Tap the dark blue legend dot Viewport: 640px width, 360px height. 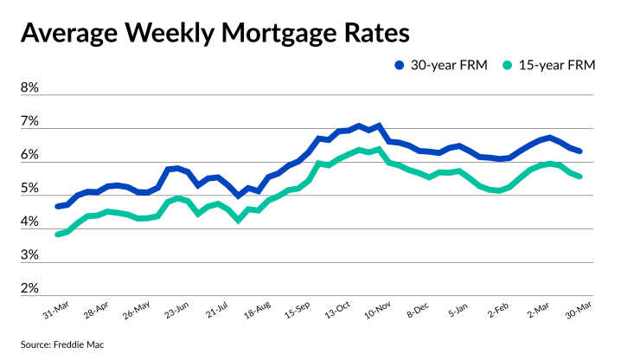click(x=399, y=65)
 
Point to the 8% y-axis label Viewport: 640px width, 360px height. click(x=29, y=88)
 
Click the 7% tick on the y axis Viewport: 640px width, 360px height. click(x=29, y=122)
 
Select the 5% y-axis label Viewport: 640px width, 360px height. click(x=29, y=189)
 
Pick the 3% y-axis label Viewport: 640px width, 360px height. click(x=29, y=255)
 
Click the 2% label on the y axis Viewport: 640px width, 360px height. click(x=29, y=288)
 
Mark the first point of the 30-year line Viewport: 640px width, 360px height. click(x=57, y=207)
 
